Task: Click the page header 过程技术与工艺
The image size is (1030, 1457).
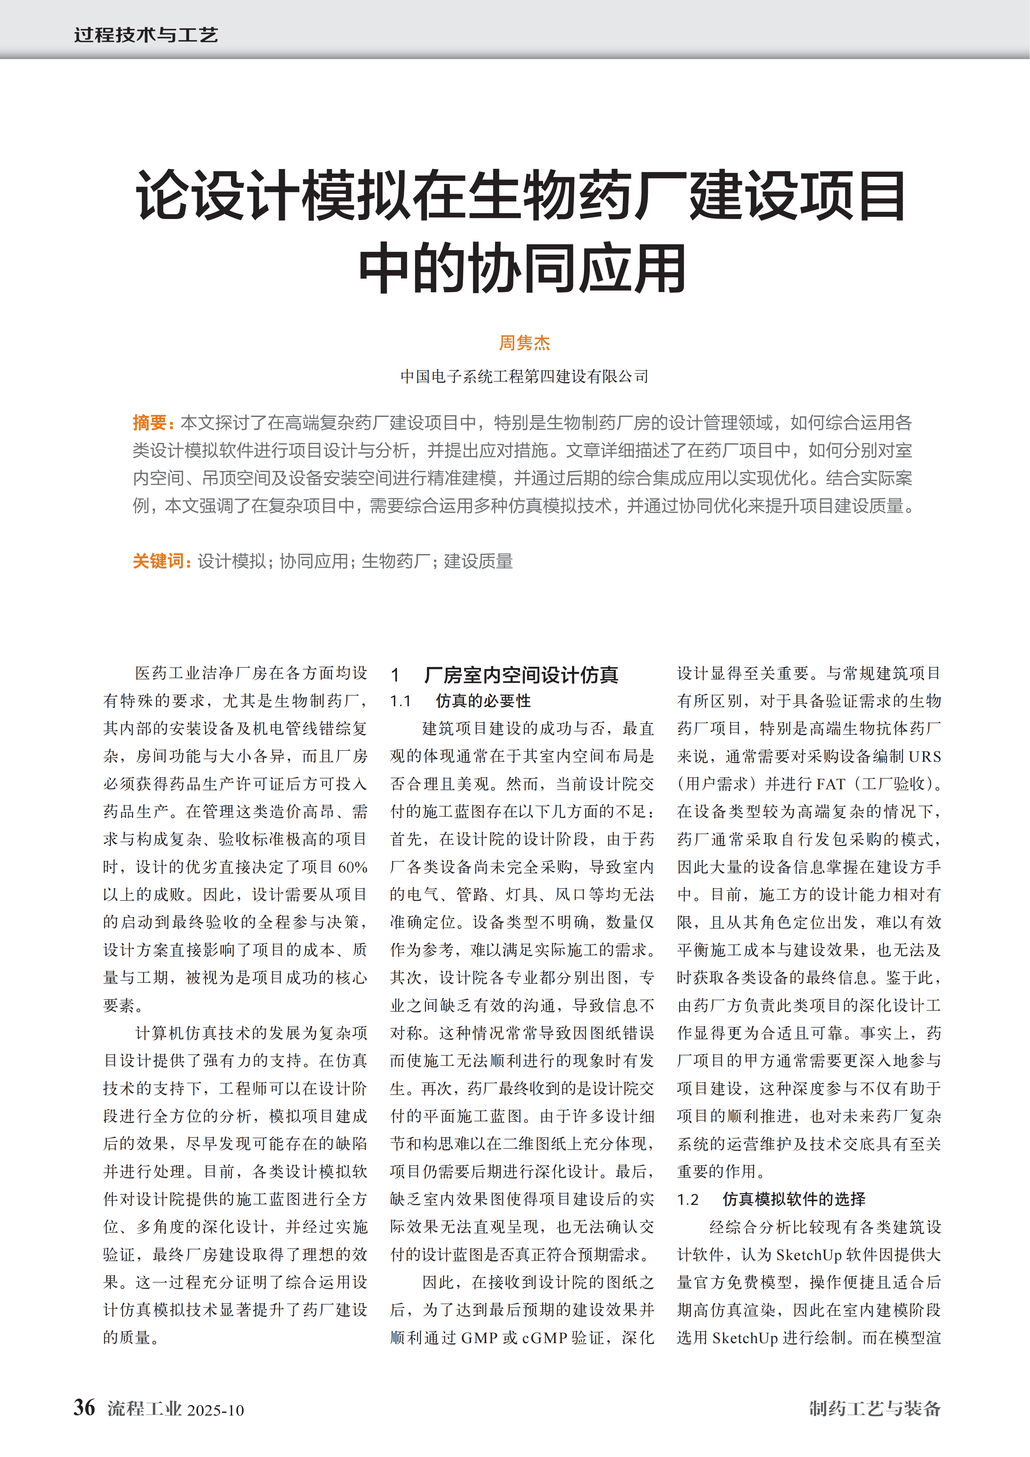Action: click(x=146, y=35)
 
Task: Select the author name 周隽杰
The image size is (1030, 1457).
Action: click(x=524, y=343)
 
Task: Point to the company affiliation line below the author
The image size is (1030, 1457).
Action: click(x=524, y=377)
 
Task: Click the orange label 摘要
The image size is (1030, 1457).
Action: click(x=150, y=423)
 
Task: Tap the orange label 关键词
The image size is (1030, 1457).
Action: click(x=159, y=561)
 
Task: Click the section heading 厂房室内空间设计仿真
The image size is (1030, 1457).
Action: click(x=520, y=675)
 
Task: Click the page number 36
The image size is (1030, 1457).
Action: click(x=84, y=1407)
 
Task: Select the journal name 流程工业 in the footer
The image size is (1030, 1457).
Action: click(x=145, y=1409)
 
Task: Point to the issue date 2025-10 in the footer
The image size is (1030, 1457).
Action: click(x=216, y=1410)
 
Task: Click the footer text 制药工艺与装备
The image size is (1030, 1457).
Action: click(x=875, y=1409)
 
